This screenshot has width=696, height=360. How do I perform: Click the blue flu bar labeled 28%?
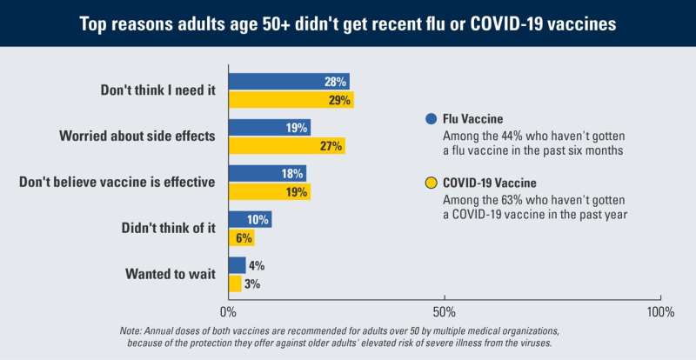288,81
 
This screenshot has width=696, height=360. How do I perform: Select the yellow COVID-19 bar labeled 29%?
291,100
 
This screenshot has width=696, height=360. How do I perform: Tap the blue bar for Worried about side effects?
269,127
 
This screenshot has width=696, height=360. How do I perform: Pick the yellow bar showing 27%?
286,146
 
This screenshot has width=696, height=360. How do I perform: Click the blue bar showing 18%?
267,173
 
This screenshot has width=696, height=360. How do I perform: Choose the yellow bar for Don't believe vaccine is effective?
269,192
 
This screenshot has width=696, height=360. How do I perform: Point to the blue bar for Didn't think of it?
250,219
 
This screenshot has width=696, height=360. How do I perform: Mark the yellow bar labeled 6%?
241,238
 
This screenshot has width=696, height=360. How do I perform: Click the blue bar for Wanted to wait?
237,265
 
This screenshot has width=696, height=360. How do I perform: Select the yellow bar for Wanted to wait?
235,284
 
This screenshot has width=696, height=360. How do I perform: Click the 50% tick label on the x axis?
444,311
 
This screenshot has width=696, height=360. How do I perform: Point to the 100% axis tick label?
659,311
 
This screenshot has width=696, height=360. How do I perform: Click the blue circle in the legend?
430,119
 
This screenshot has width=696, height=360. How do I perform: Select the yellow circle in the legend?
430,183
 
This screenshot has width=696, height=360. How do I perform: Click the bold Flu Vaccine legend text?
475,119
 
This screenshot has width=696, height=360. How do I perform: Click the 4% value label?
256,265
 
